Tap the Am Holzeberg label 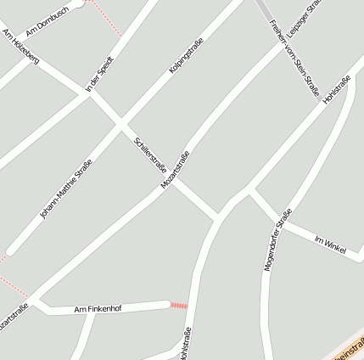(20, 48)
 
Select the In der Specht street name (99, 74)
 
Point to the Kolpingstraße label (187, 55)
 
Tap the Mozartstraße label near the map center (175, 169)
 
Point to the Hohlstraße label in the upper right (337, 90)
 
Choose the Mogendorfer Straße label (277, 239)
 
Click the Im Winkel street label (331, 244)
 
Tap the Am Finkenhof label (98, 308)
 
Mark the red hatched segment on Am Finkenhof (179, 303)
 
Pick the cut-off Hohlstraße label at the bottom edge (186, 344)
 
